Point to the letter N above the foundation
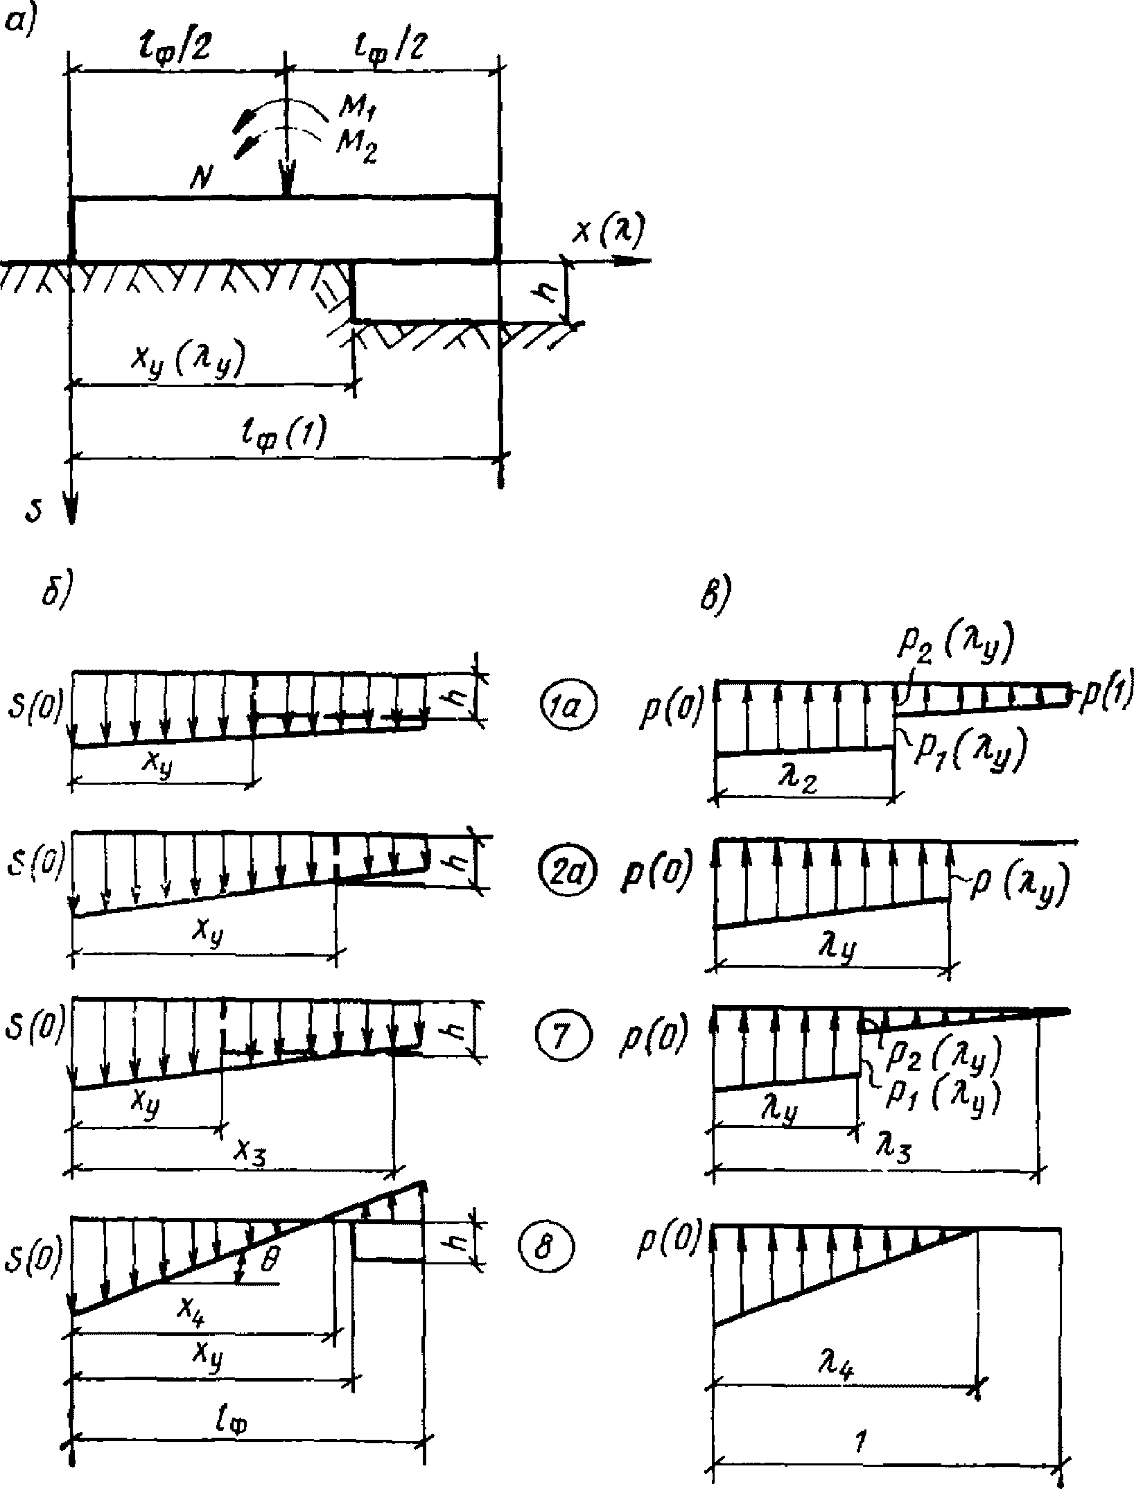(203, 182)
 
